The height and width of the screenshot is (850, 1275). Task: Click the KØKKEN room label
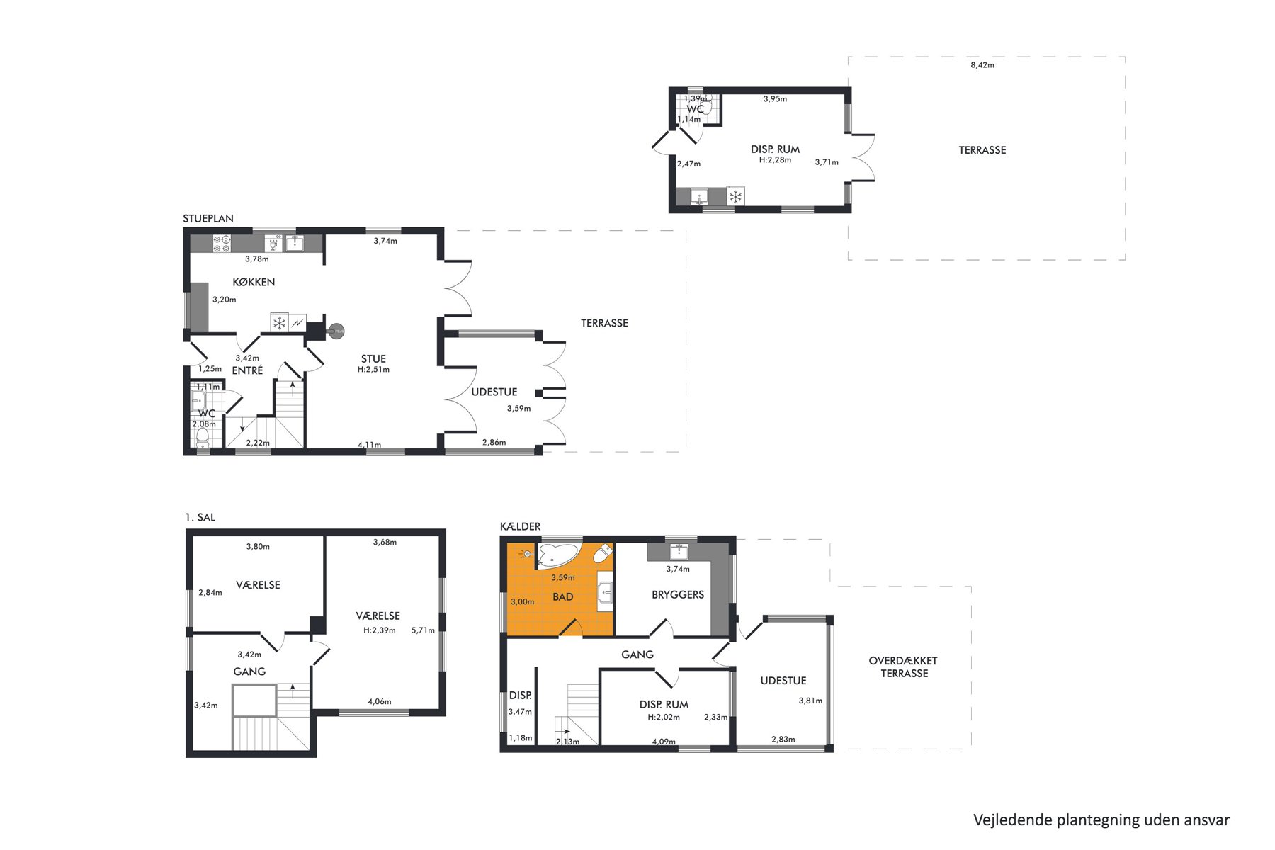pyautogui.click(x=254, y=282)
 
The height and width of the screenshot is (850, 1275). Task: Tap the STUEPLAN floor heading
pyautogui.click(x=208, y=218)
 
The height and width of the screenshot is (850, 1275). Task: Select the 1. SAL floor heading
pyautogui.click(x=200, y=517)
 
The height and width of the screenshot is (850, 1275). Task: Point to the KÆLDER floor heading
pyautogui.click(x=520, y=526)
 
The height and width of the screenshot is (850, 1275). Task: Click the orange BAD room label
pyautogui.click(x=563, y=596)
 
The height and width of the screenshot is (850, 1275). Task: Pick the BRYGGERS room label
pyautogui.click(x=678, y=594)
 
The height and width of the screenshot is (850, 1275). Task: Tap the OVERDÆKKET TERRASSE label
pyautogui.click(x=903, y=667)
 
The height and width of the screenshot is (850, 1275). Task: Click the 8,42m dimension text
pyautogui.click(x=982, y=65)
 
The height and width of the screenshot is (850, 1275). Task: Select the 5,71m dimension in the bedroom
pyautogui.click(x=423, y=630)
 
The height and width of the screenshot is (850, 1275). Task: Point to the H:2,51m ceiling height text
pyautogui.click(x=373, y=369)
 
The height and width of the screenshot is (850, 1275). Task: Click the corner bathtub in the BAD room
pyautogui.click(x=558, y=555)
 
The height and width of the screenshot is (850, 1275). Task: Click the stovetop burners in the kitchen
pyautogui.click(x=222, y=244)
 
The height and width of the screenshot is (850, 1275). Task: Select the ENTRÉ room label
pyautogui.click(x=247, y=370)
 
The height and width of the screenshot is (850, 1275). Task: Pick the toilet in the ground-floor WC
pyautogui.click(x=203, y=435)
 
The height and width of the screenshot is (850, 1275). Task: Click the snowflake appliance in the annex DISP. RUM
pyautogui.click(x=736, y=196)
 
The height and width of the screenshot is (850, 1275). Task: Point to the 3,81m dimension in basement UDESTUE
pyautogui.click(x=810, y=701)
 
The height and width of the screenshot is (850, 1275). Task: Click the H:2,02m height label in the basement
pyautogui.click(x=664, y=717)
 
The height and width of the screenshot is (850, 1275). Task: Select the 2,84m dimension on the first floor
pyautogui.click(x=210, y=592)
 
